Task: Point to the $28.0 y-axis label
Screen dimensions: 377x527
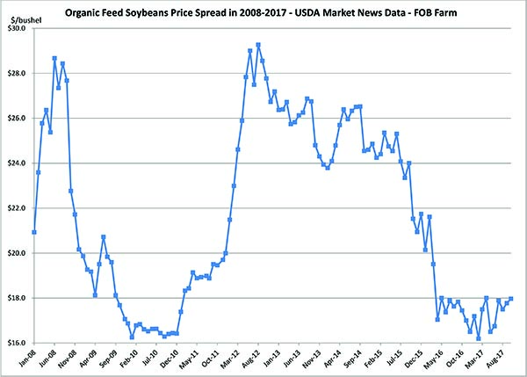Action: [x=18, y=73]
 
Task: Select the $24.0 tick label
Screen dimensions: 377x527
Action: [x=18, y=163]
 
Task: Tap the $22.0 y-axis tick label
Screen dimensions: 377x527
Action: [x=18, y=208]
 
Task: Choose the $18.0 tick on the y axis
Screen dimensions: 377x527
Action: [x=18, y=298]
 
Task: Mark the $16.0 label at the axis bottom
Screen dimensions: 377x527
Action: [x=18, y=343]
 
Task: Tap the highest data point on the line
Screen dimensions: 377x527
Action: [x=258, y=45]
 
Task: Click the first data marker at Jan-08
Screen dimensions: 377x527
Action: [x=33, y=232]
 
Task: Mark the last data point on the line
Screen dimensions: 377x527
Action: [x=511, y=299]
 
